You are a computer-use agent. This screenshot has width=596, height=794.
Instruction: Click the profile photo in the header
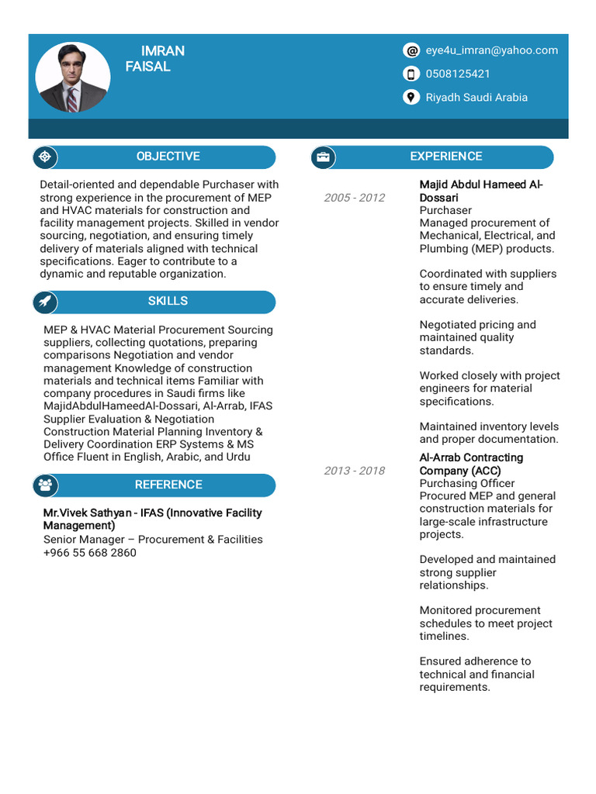[x=73, y=78]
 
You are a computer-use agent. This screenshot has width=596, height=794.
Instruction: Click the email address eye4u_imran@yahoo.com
[x=491, y=50]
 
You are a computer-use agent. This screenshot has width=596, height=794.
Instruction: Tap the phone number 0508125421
[x=458, y=74]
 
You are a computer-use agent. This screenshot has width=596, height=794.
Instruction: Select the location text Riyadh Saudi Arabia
[x=476, y=97]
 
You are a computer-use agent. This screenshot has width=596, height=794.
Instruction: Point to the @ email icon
[x=411, y=50]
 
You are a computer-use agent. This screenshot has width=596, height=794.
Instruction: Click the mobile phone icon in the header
[x=411, y=74]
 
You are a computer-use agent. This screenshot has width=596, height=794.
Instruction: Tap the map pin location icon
[x=411, y=97]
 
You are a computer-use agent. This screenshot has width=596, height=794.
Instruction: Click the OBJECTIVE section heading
[x=168, y=157]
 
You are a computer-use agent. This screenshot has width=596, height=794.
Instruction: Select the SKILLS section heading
[x=168, y=301]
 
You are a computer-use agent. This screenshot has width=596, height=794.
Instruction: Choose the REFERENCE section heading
[x=168, y=485]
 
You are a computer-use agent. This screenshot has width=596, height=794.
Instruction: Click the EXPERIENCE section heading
[x=445, y=157]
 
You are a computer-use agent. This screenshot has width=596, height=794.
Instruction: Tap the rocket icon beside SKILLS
[x=45, y=302]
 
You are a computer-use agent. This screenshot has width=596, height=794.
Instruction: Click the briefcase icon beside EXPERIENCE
[x=323, y=157]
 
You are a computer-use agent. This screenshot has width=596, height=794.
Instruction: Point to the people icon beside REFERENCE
[x=45, y=485]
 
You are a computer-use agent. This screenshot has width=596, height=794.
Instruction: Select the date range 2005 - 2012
[x=354, y=198]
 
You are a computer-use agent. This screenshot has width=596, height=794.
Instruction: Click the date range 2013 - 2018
[x=354, y=471]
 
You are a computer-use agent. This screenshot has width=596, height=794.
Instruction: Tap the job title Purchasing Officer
[x=467, y=484]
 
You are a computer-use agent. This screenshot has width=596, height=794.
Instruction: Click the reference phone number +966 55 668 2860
[x=90, y=553]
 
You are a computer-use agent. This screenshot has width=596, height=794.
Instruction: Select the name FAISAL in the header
[x=147, y=67]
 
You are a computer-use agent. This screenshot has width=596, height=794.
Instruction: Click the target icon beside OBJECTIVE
[x=45, y=157]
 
